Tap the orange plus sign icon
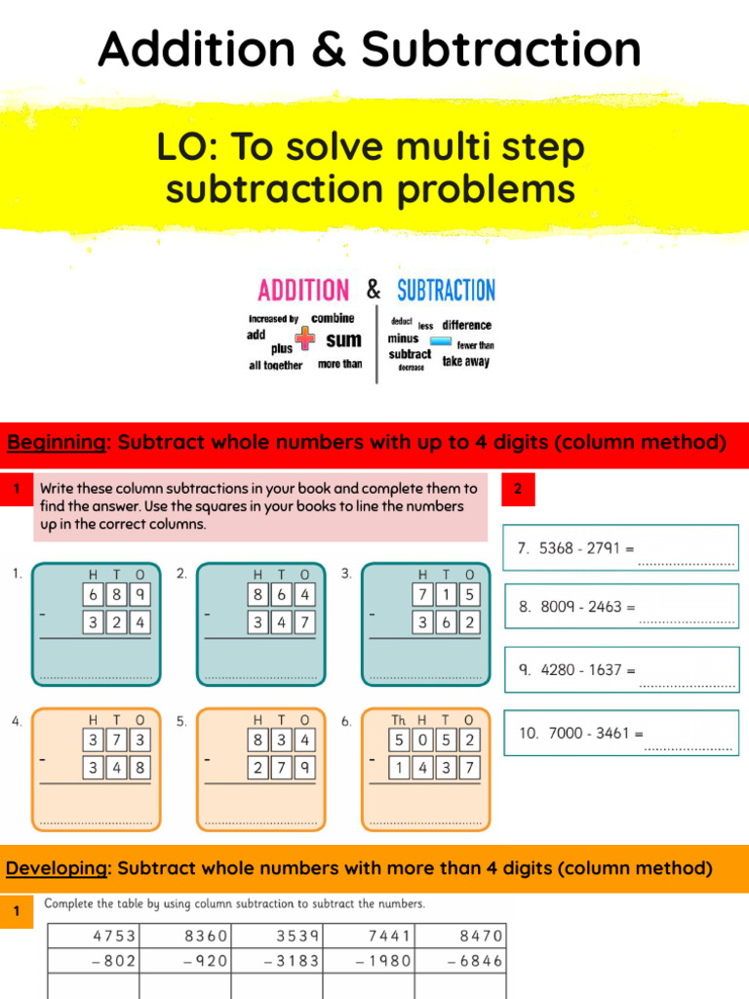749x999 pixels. (x=306, y=338)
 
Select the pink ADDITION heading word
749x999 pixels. (x=302, y=290)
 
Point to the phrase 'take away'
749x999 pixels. (x=466, y=361)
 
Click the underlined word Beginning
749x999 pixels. (x=56, y=443)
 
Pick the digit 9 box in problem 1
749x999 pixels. (x=140, y=594)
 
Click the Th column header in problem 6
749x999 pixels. (x=399, y=720)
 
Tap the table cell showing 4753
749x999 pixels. (x=94, y=936)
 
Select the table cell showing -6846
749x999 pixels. (x=461, y=961)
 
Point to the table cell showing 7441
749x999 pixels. (x=370, y=936)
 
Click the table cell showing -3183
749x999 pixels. (x=277, y=961)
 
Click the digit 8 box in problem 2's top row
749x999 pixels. (x=258, y=594)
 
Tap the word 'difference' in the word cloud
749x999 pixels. (x=466, y=325)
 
